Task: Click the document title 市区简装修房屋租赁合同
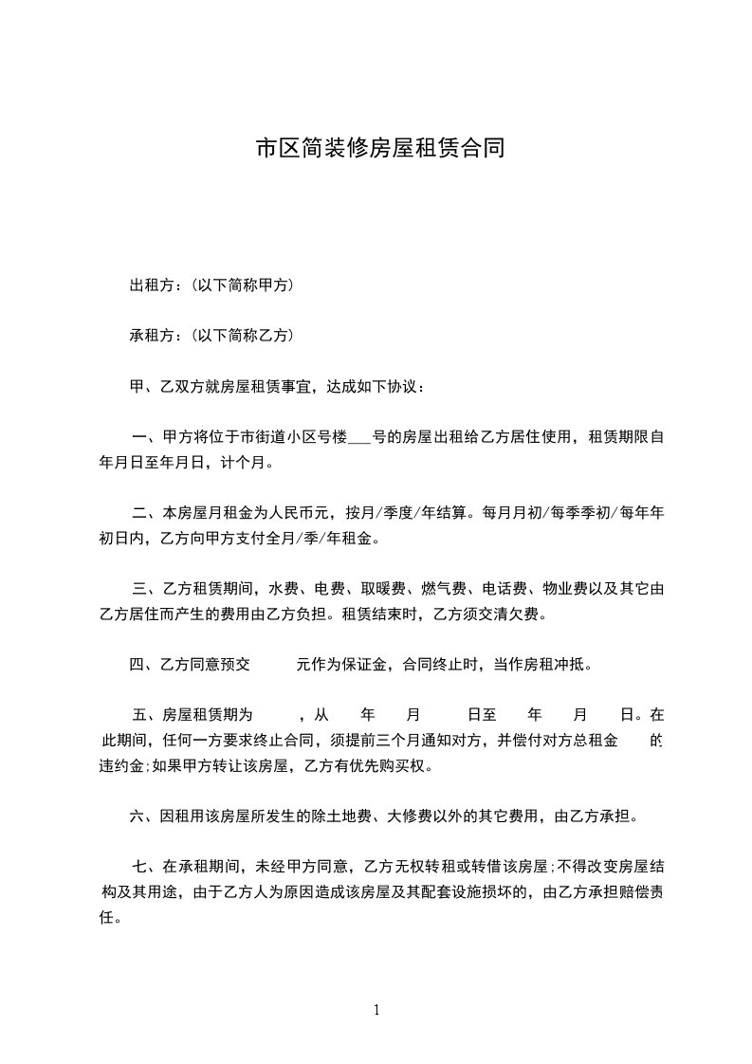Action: click(x=376, y=149)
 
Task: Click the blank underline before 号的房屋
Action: click(x=358, y=439)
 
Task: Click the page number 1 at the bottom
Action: click(x=376, y=1010)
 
